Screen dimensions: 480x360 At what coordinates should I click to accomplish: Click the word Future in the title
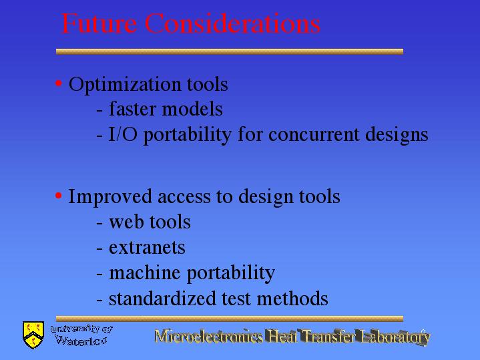point(99,23)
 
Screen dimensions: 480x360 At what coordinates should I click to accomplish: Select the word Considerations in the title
point(232,23)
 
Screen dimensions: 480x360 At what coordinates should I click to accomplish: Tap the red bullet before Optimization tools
point(59,83)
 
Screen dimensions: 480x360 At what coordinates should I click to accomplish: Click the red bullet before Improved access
point(59,195)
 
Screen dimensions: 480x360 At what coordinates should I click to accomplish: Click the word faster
point(132,109)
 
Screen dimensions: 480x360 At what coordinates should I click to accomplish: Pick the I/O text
point(123,134)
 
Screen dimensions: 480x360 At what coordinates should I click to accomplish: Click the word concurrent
point(314,135)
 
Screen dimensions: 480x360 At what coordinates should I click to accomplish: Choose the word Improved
point(110,197)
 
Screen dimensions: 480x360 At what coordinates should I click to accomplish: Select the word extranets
point(147,248)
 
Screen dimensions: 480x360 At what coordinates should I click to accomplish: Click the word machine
point(144,272)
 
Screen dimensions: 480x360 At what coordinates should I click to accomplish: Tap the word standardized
point(162,299)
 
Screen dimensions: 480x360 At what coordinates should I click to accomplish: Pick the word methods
point(292,299)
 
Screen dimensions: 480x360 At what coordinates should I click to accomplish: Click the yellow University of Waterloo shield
point(33,335)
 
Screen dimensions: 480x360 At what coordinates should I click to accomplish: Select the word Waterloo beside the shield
point(81,341)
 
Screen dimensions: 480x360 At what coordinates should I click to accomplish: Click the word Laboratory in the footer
point(395,337)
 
